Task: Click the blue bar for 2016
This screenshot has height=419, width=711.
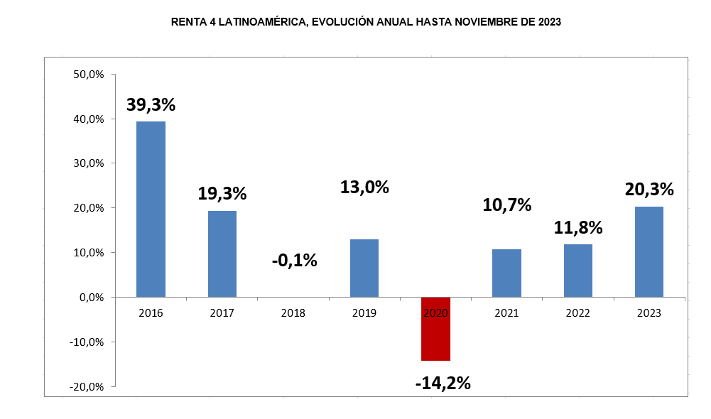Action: point(151,209)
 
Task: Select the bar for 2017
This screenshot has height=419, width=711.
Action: point(222,254)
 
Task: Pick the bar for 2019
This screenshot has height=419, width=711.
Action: point(364,268)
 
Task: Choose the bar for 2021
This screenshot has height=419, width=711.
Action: point(506,273)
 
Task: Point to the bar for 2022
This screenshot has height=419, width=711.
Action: point(578,271)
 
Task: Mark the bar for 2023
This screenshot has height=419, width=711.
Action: point(649,251)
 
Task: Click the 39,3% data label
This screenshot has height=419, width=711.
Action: point(151,104)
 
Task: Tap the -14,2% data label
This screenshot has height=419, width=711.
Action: point(443,383)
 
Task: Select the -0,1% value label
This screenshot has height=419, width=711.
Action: point(294,261)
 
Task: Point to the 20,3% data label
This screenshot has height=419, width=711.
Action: point(649,190)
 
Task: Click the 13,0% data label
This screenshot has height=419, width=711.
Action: point(364,187)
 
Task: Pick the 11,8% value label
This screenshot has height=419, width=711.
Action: point(578,228)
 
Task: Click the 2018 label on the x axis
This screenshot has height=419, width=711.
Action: point(293,312)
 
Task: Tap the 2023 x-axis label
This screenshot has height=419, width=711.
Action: point(649,312)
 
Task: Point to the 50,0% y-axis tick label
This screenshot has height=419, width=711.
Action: point(89,75)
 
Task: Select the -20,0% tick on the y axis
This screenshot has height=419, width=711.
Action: point(87,386)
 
